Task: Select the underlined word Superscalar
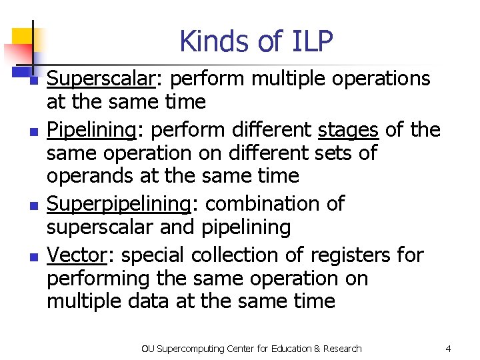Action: pyautogui.click(x=101, y=79)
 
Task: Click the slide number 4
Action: pyautogui.click(x=448, y=349)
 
